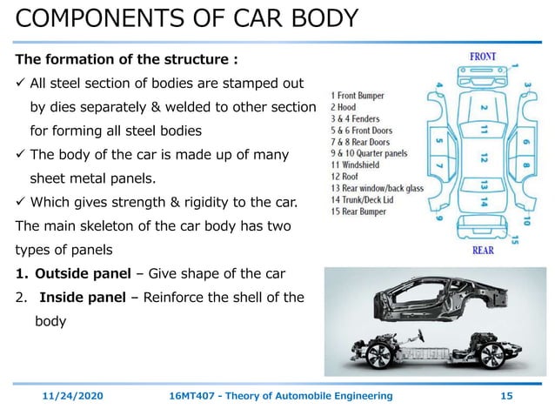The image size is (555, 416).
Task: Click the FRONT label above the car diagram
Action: pyautogui.click(x=483, y=57)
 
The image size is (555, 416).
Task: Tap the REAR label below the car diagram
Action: pyautogui.click(x=484, y=250)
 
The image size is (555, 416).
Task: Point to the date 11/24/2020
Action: pyautogui.click(x=73, y=396)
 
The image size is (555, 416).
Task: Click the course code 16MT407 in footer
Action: pyautogui.click(x=194, y=396)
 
